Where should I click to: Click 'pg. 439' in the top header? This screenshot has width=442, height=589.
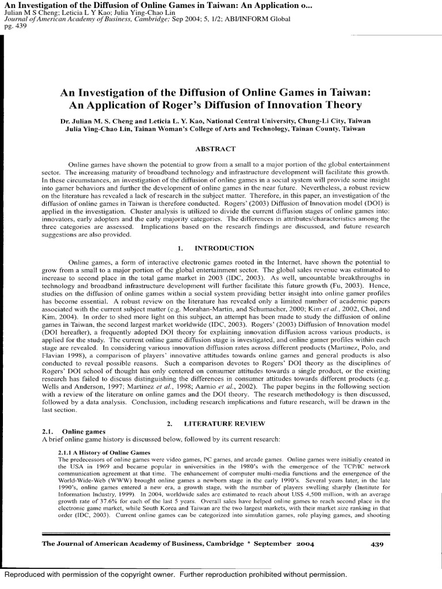(x=13, y=25)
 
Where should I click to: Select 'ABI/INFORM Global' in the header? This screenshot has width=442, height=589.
(x=261, y=18)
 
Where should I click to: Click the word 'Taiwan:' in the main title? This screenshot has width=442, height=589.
(x=347, y=92)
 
